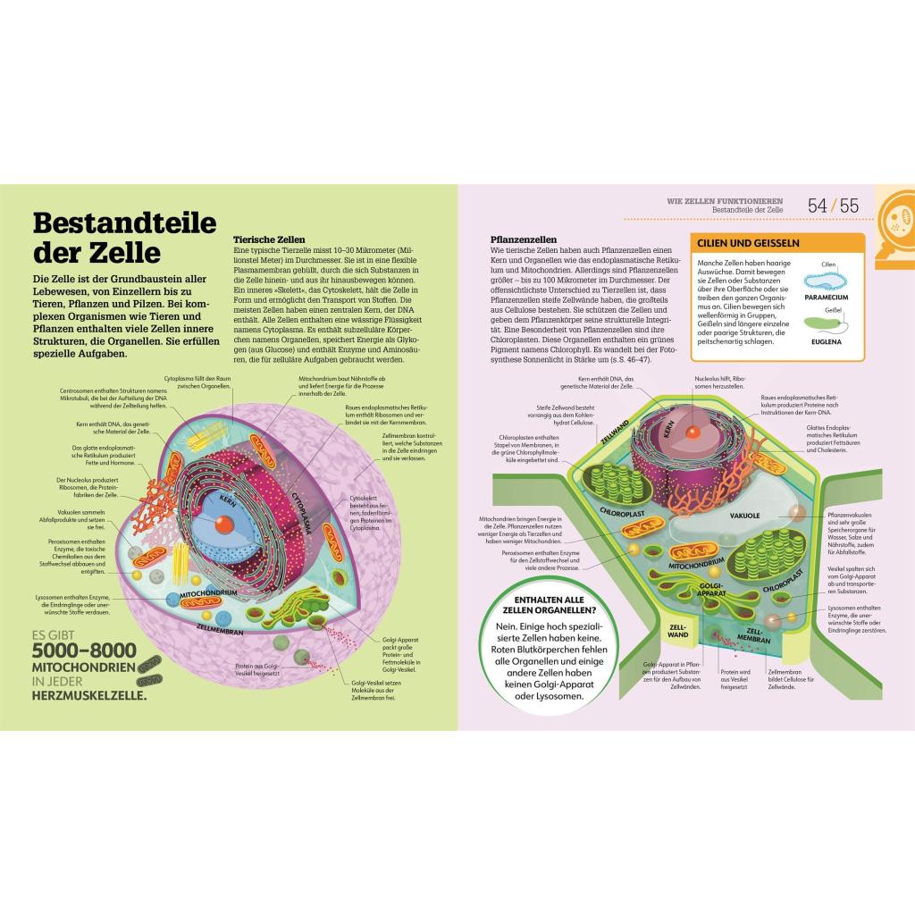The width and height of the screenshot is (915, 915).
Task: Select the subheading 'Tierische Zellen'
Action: [269, 239]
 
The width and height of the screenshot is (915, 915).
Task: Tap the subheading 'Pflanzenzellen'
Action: [524, 239]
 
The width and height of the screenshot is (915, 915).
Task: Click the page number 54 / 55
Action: [832, 206]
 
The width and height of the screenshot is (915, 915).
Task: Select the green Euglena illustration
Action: [827, 324]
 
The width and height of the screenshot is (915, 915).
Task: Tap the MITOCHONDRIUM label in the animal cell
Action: [208, 592]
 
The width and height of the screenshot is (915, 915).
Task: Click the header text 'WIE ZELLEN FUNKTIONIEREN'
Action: [725, 200]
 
